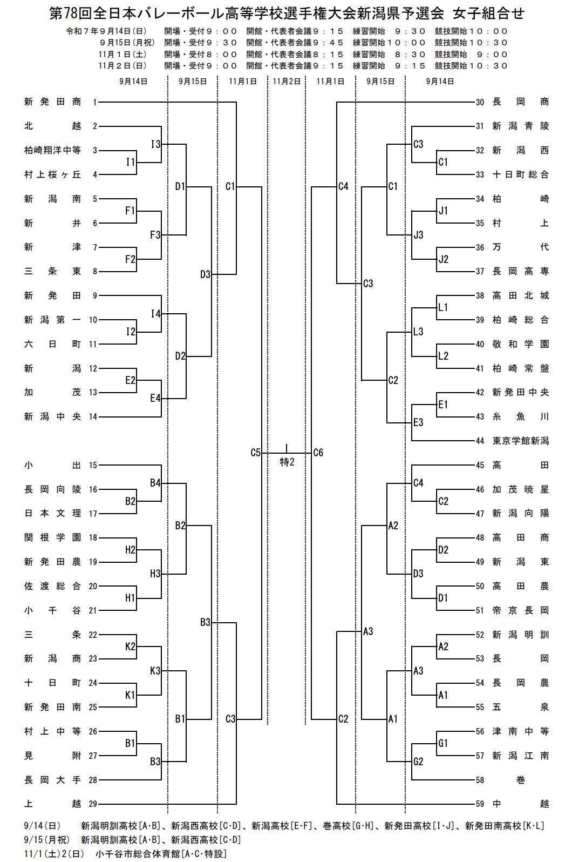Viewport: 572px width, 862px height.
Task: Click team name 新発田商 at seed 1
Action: (52, 102)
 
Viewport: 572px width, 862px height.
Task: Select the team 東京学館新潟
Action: (520, 441)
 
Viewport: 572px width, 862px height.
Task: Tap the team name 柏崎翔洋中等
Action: (52, 151)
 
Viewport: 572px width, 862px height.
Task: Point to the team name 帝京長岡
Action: (520, 610)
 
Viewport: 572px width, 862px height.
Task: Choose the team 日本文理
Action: (52, 514)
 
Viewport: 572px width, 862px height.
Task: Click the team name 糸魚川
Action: (520, 416)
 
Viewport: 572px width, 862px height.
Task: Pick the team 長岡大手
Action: (52, 780)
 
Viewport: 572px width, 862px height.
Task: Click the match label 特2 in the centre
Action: (287, 462)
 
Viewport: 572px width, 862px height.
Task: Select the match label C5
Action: (256, 453)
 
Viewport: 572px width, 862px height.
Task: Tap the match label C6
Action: (318, 453)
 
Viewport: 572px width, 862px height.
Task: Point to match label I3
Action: (155, 144)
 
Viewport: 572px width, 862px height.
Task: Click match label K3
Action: (155, 671)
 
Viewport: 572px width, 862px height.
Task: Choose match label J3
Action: (418, 235)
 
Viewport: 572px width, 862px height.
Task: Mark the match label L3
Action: (418, 332)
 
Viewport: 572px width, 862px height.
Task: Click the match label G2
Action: (418, 762)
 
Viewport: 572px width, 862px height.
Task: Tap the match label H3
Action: (155, 574)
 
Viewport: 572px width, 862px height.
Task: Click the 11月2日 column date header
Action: (286, 82)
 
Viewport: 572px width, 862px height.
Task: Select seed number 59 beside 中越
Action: (480, 804)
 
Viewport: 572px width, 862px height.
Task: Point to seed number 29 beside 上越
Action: (93, 804)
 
